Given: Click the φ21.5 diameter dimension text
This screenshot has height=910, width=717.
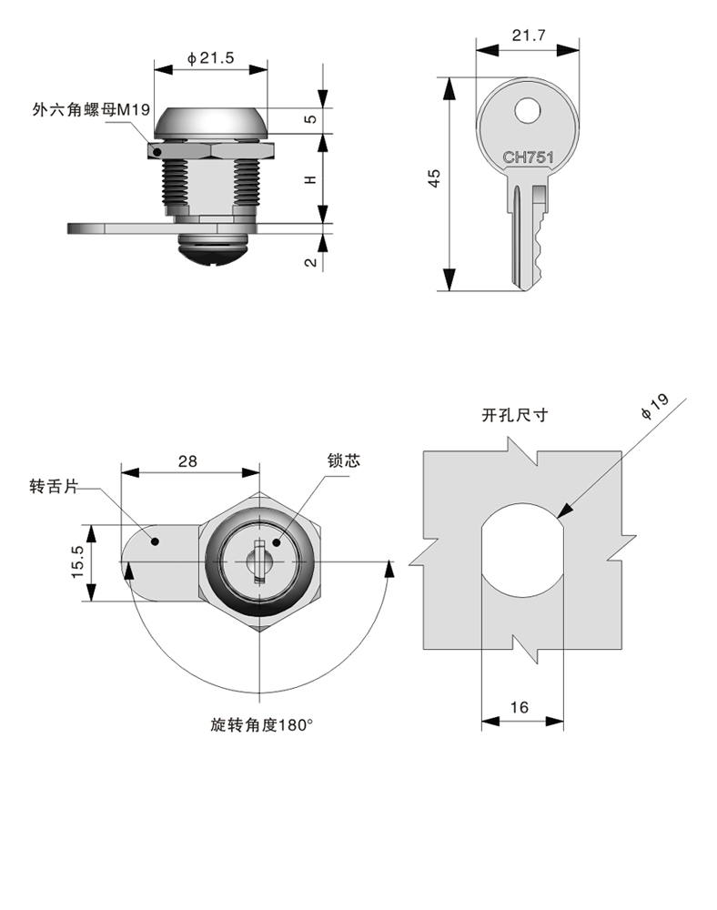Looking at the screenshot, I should coord(211,57).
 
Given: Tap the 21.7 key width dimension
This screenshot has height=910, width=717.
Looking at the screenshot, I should coord(529,35).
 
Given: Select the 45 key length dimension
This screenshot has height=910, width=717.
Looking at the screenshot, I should coord(435,178).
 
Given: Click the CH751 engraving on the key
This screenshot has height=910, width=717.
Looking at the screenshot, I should coord(529,157).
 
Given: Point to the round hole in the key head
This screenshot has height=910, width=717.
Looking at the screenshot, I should coord(528,111).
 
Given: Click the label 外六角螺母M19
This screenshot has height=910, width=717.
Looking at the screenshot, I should coord(89,110).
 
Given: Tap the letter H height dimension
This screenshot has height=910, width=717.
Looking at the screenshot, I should coord(310,179).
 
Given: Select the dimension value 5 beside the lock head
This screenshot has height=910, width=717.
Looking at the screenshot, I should coord(310,119).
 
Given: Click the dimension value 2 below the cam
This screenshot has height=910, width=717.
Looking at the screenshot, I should coord(310,262).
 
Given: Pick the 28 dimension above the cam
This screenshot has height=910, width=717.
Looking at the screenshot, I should coord(187,460).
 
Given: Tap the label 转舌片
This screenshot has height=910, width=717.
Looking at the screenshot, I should coord(51,488).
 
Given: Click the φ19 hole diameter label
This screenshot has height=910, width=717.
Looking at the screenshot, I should coord(654,406).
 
